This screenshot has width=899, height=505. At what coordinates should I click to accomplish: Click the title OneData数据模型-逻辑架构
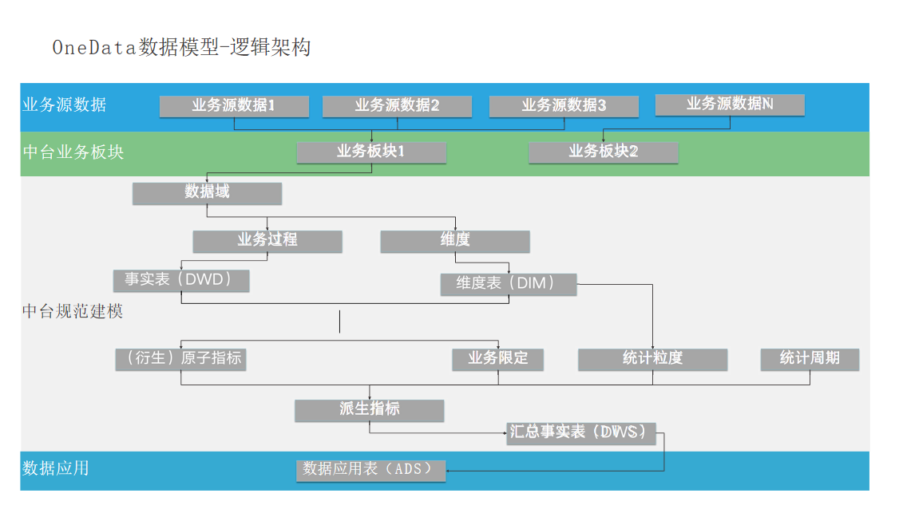181,47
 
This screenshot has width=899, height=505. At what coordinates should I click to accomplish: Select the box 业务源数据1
234,106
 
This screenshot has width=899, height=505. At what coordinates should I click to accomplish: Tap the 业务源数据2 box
397,106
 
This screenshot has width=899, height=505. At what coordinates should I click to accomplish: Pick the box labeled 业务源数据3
564,106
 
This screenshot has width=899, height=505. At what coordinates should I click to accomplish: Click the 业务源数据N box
730,105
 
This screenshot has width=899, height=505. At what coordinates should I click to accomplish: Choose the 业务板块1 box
371,152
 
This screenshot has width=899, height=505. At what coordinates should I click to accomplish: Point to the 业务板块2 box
604,152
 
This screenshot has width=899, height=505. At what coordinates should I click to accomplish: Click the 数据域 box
207,193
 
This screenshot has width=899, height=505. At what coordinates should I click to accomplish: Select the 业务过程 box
267,241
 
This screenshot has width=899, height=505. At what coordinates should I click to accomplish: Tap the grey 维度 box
455,241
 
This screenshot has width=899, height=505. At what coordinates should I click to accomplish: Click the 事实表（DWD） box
181,281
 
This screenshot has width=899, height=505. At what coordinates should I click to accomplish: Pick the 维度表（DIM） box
508,284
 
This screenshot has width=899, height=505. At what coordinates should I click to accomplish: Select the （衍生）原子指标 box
180,359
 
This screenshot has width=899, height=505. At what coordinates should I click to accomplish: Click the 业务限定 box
498,359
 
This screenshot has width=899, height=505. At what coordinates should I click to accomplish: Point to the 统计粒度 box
652,359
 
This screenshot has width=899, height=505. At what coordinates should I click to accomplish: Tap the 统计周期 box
810,359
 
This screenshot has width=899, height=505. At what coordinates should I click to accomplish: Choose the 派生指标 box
369,410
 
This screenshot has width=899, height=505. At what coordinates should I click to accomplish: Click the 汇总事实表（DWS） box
581,433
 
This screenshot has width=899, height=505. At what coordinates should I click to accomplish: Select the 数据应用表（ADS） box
370,470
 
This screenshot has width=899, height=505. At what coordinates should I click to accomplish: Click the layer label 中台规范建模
73,311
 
